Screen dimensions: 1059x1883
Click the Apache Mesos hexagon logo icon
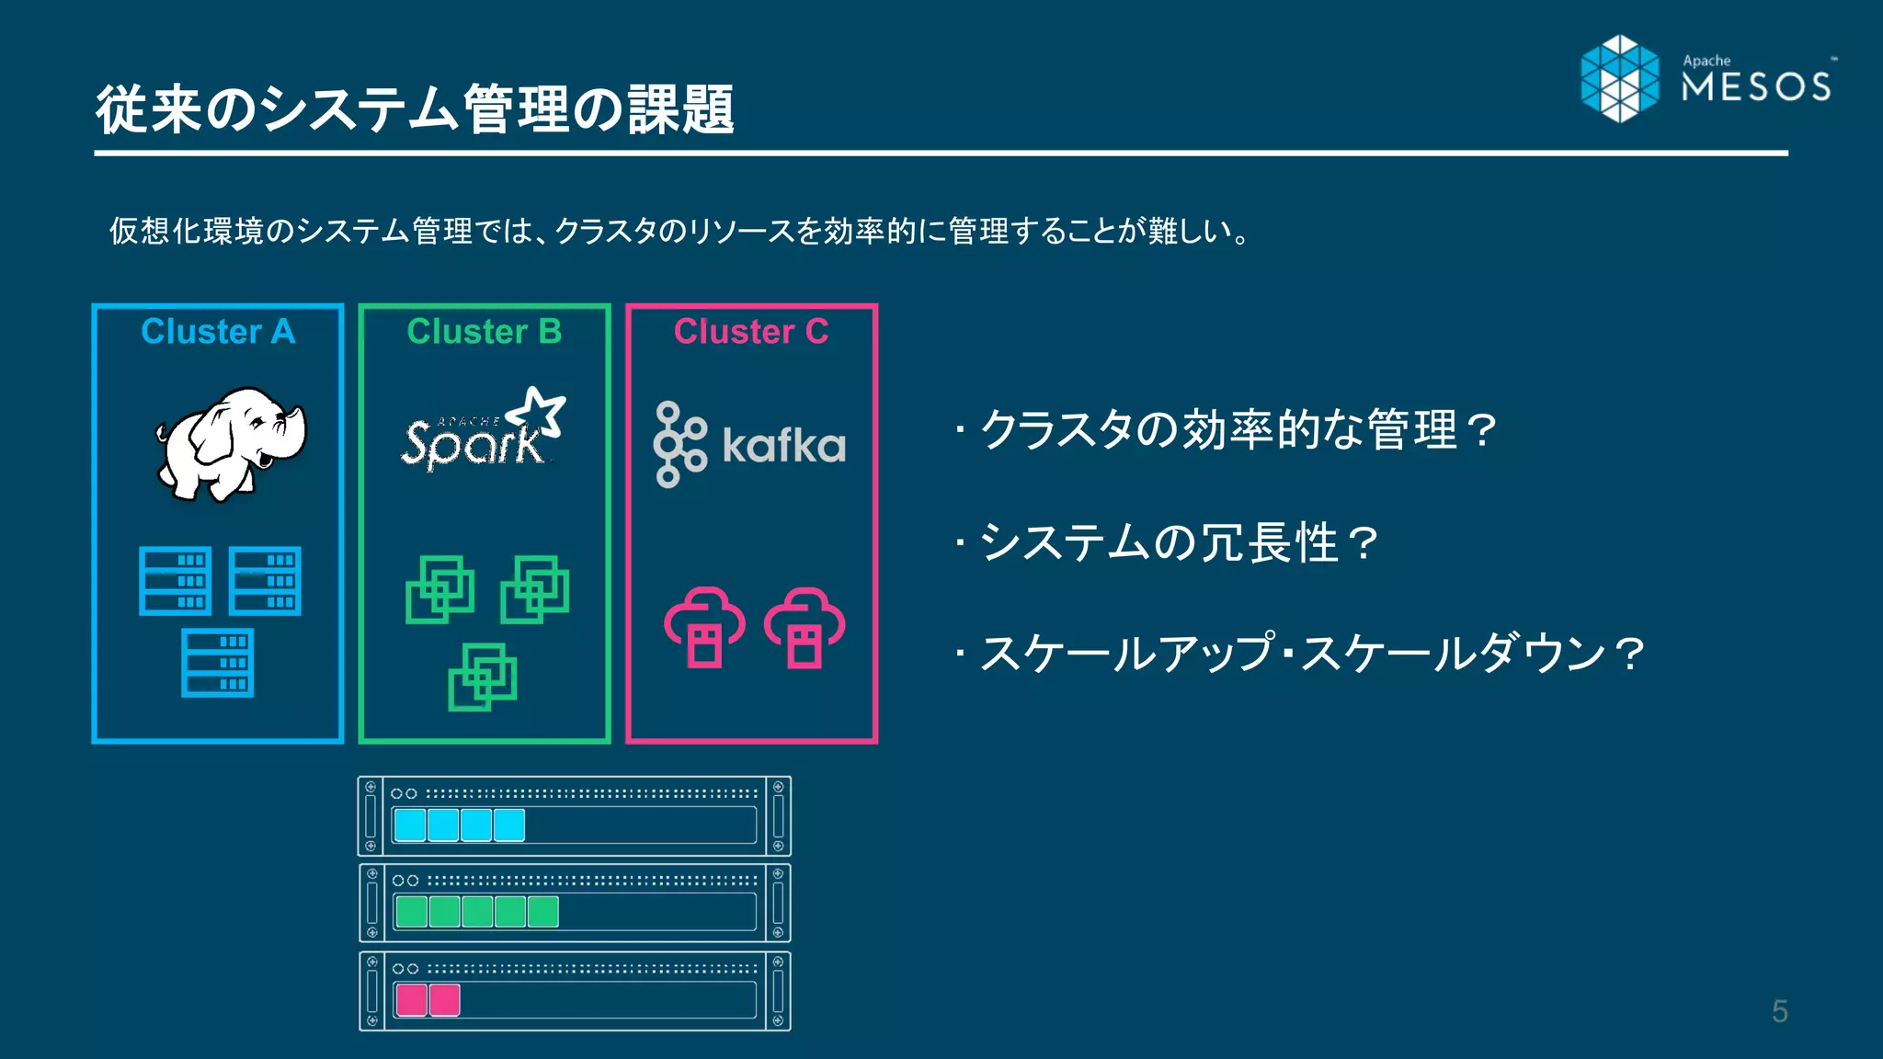1619,78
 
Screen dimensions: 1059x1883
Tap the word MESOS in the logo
1755,87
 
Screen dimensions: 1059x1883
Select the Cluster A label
218,331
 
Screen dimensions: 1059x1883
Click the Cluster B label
485,331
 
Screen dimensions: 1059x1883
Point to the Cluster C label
751,331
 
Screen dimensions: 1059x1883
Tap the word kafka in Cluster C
783,446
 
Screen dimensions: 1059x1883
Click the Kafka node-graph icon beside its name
679,444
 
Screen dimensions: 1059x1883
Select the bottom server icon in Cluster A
218,663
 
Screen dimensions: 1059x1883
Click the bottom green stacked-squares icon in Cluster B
483,678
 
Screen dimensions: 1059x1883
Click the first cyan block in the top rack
410,825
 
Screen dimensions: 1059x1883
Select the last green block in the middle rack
542,911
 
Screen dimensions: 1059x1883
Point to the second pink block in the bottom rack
445,999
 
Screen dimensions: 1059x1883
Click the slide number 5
1780,1011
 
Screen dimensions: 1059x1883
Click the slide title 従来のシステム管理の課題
415,109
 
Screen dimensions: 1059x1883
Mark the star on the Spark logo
539,410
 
